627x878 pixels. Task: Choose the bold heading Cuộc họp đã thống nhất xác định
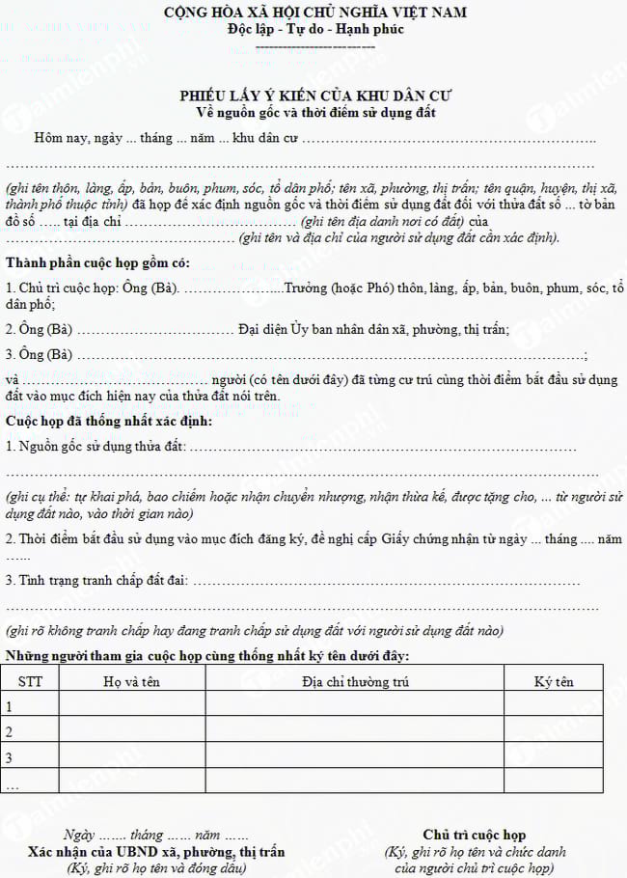(109, 421)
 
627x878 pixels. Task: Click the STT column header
(31, 681)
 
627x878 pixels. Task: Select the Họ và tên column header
(131, 681)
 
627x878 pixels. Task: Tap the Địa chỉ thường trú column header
(354, 681)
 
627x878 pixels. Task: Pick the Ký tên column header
(553, 681)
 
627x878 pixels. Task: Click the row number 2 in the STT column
(11, 731)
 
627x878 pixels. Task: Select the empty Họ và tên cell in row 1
(131, 706)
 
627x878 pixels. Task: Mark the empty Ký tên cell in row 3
(553, 756)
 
